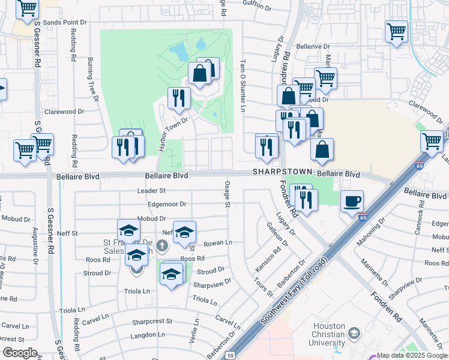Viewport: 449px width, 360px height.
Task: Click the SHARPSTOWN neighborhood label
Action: (x=283, y=172)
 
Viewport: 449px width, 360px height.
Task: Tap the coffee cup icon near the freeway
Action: (x=352, y=201)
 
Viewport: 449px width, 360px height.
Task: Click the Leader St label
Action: (x=151, y=191)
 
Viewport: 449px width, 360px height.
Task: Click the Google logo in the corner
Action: (x=19, y=353)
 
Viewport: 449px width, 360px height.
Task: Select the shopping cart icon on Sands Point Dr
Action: (x=27, y=8)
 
